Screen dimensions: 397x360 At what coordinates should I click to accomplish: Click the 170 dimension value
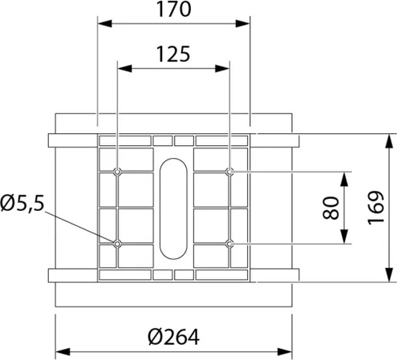[x=173, y=9]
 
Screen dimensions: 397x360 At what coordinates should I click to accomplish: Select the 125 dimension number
[x=173, y=54]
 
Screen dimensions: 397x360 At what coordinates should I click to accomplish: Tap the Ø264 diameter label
[x=173, y=337]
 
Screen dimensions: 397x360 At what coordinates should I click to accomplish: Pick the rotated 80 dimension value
[x=330, y=208]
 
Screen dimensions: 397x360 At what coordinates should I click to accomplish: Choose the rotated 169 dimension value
[x=376, y=208]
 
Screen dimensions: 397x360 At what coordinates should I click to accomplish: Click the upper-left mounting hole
[x=117, y=172]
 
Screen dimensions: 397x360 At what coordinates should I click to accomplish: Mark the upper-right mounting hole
[x=229, y=172]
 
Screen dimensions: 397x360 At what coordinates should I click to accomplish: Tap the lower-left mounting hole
[x=117, y=244]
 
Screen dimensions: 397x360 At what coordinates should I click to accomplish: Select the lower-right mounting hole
[x=229, y=244]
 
